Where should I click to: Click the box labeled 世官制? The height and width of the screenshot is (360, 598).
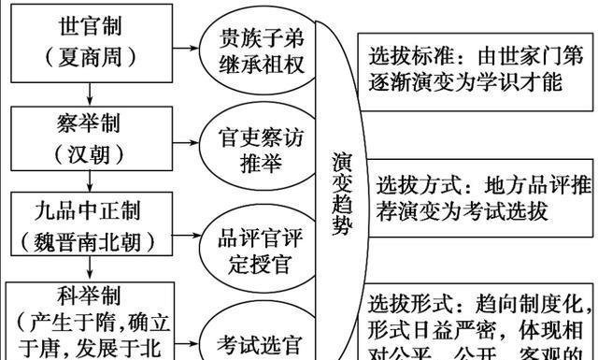(x=90, y=40)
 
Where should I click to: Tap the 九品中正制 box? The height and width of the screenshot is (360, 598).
(x=90, y=225)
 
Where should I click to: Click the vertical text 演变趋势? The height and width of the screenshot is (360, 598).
(x=342, y=192)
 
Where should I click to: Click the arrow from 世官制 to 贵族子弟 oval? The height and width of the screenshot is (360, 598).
(x=184, y=44)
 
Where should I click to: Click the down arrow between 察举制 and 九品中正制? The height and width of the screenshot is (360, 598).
(x=90, y=180)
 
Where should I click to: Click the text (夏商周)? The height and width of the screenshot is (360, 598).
(x=90, y=55)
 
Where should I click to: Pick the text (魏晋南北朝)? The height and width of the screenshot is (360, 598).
(x=90, y=241)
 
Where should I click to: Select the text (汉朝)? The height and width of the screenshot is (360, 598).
(x=90, y=151)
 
